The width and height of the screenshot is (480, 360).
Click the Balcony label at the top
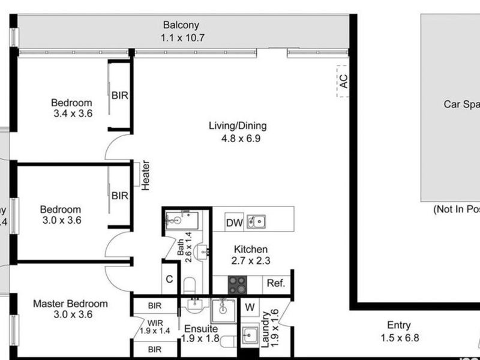181,25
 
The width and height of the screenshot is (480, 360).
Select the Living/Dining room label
238,126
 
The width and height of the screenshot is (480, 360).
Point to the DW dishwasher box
234,223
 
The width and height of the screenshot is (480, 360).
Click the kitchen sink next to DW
256,222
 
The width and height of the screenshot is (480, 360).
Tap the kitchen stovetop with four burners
237,284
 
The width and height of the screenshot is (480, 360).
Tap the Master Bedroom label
70,303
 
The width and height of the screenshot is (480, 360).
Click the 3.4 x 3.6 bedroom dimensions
71,113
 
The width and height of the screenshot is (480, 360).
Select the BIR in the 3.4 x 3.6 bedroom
119,95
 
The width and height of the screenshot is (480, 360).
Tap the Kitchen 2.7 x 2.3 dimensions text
251,260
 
